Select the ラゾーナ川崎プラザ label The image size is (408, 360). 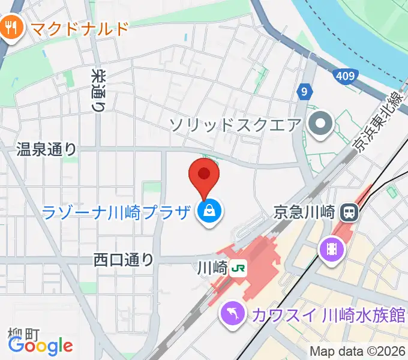[x=117, y=212]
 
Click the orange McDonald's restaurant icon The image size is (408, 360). [x=11, y=27]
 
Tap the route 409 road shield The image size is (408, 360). [x=345, y=76]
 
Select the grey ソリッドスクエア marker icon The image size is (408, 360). [x=320, y=125]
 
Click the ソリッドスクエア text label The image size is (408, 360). [x=235, y=125]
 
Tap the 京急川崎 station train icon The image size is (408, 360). [x=349, y=212]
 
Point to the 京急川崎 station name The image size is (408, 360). [x=303, y=212]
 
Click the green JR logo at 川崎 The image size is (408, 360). [x=239, y=266]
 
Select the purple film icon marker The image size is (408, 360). [x=331, y=248]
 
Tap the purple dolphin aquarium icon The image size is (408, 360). [x=230, y=313]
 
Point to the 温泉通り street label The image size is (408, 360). [x=46, y=149]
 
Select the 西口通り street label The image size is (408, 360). [x=124, y=260]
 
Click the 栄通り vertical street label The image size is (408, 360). [x=98, y=90]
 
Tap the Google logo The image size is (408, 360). [x=40, y=345]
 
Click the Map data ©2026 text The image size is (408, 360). [x=358, y=351]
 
